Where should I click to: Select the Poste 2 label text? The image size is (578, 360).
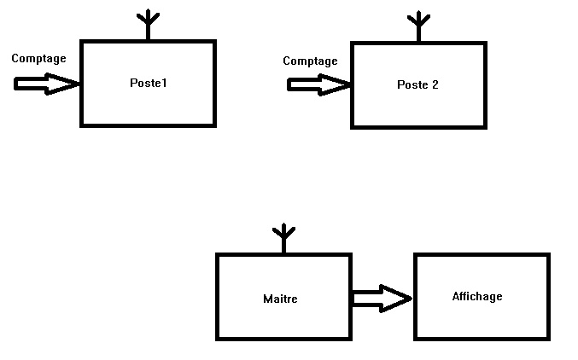pos(417,84)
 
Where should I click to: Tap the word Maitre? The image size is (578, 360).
pos(280,299)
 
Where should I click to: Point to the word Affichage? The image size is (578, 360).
pos(477,297)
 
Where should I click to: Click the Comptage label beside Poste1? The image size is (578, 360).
pos(38,58)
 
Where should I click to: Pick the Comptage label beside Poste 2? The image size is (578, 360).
pos(310,61)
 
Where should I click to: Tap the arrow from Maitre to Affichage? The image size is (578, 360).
pos(381,298)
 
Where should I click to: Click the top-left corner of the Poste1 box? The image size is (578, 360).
pos(82,41)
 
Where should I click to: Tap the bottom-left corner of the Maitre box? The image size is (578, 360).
pos(218,339)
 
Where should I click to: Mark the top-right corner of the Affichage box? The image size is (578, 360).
pos(547,254)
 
